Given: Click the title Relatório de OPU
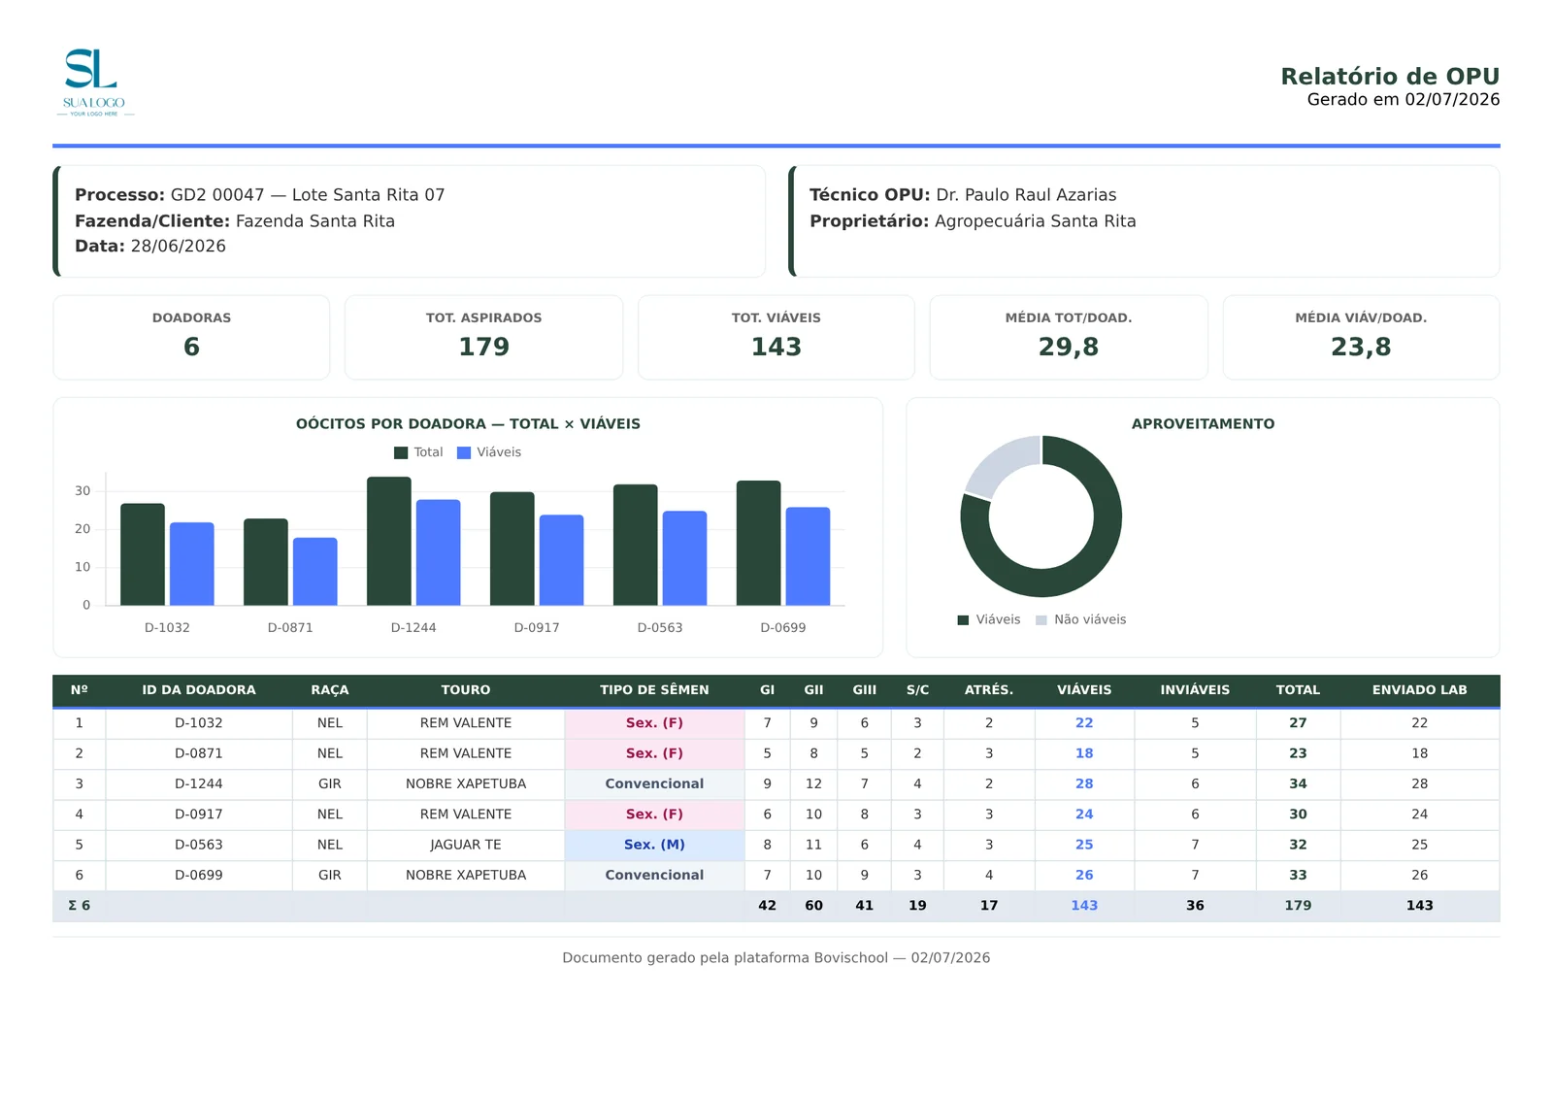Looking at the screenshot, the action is click(x=1389, y=77).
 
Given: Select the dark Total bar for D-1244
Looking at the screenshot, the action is click(x=389, y=541).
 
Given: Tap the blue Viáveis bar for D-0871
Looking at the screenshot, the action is click(x=314, y=572).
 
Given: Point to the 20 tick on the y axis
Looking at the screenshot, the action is click(x=83, y=529).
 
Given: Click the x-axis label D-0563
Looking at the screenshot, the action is click(x=659, y=628).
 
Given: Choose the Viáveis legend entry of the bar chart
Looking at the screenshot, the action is click(x=489, y=452).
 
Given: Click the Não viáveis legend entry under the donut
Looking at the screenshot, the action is click(x=1081, y=619).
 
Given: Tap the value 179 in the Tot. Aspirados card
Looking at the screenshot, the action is click(x=484, y=347).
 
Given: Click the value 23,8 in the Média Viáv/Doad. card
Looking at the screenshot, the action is click(x=1360, y=347).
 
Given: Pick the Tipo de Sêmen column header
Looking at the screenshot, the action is click(x=654, y=690).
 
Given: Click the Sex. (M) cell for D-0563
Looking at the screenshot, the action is click(x=654, y=845).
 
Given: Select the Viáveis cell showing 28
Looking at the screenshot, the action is click(x=1083, y=783).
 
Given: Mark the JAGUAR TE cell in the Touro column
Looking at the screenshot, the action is click(x=465, y=845).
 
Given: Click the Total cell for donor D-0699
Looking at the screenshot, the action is click(x=1297, y=876).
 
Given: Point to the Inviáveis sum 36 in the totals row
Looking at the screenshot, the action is click(x=1195, y=906).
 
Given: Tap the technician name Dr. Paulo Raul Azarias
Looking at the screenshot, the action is click(x=1026, y=195).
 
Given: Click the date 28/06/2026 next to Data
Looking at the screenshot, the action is click(x=179, y=247).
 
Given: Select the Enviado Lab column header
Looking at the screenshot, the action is click(x=1419, y=690).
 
